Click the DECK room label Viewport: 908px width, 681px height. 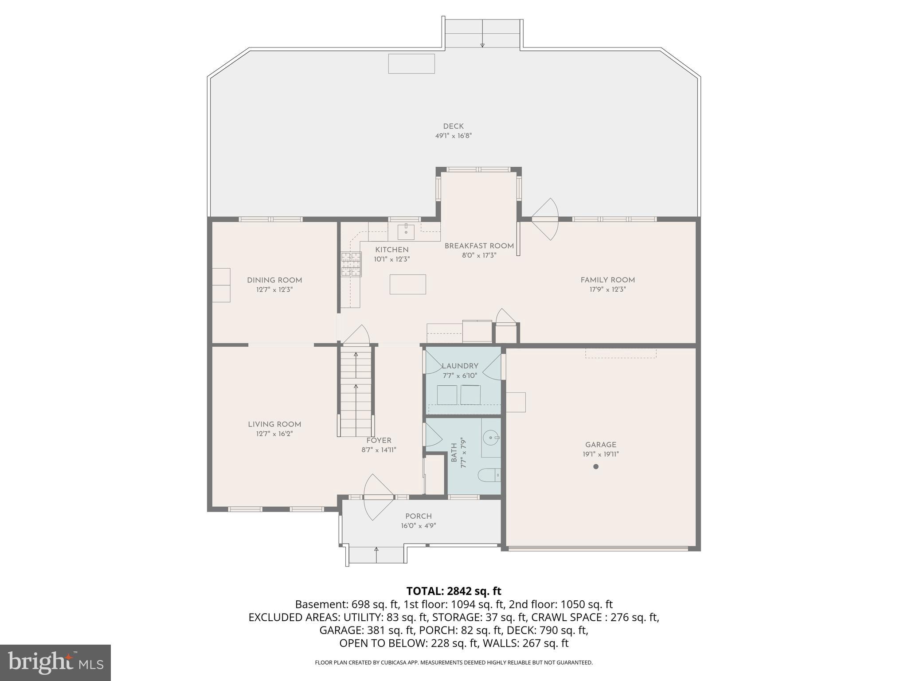coord(453,126)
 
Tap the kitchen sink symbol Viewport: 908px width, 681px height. coord(406,231)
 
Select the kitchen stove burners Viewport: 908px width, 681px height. coord(351,264)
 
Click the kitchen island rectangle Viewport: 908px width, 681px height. coord(407,284)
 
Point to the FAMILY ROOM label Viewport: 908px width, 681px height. coord(607,280)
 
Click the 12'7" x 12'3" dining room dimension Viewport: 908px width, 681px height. coord(274,290)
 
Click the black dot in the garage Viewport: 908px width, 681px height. coord(596,466)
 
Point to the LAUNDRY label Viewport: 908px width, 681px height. coord(460,366)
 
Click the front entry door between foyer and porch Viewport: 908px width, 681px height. coord(378,497)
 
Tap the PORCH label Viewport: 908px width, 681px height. coord(418,516)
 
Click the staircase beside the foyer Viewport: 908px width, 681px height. coord(356,390)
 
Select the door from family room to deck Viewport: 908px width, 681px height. coord(545,219)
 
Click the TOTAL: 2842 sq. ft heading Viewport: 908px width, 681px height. coord(454,591)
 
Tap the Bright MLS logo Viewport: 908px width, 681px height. coord(55,662)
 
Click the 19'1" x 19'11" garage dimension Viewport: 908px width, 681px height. coord(600,454)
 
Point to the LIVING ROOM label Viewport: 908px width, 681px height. coord(274,424)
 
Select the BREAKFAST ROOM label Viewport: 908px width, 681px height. coord(479,246)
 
